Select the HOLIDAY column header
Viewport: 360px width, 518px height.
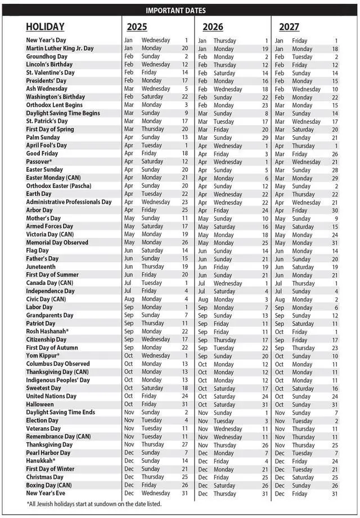(x=45, y=26)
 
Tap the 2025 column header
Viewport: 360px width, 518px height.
(x=137, y=26)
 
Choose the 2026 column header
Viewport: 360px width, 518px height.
(x=213, y=26)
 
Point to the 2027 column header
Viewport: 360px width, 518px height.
(x=289, y=26)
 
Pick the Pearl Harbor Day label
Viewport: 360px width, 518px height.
(x=48, y=453)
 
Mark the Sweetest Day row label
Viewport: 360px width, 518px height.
(x=43, y=388)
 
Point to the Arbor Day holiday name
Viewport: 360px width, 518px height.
(x=39, y=210)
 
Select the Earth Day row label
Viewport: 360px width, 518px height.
(x=39, y=194)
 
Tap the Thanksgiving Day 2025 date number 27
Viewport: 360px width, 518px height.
(x=184, y=445)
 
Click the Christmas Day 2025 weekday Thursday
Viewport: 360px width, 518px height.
(x=152, y=477)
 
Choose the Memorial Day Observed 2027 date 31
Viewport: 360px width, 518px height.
(x=335, y=243)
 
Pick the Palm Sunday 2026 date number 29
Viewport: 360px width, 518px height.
(x=264, y=137)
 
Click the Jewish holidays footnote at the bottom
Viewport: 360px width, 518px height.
(x=94, y=503)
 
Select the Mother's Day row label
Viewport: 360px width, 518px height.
(x=43, y=218)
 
